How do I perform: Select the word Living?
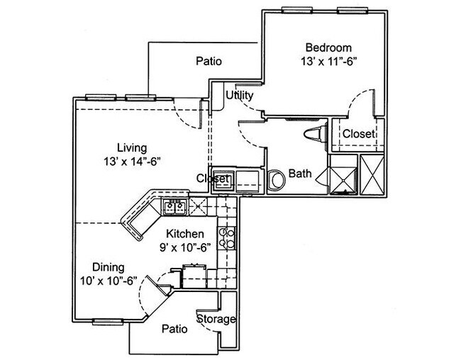pyautogui.click(x=132, y=148)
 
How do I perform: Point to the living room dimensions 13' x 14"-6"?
pyautogui.click(x=132, y=162)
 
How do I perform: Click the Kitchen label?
pyautogui.click(x=185, y=234)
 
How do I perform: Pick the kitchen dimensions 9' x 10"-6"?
pyautogui.click(x=185, y=247)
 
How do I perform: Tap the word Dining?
pyautogui.click(x=109, y=267)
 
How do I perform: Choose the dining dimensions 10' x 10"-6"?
pyautogui.click(x=109, y=281)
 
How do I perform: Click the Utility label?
pyautogui.click(x=240, y=95)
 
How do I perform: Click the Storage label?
pyautogui.click(x=216, y=319)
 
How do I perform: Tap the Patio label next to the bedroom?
pyautogui.click(x=209, y=62)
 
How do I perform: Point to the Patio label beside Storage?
pyautogui.click(x=174, y=329)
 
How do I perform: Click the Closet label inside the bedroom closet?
pyautogui.click(x=359, y=133)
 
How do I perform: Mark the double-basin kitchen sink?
pyautogui.click(x=174, y=208)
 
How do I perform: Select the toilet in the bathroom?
pyautogui.click(x=312, y=135)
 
